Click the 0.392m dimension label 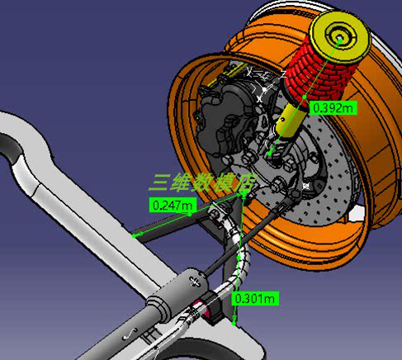point(333,107)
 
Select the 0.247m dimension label point(173,205)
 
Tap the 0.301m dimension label point(255,298)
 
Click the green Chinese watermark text point(203,182)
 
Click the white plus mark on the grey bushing point(194,282)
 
